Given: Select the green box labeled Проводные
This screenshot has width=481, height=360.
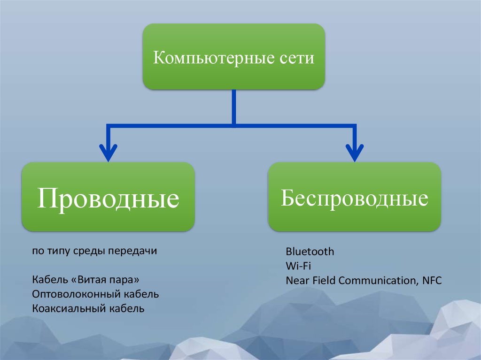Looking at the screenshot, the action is click(109, 197).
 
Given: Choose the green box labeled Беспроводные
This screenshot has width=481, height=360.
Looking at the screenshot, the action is click(355, 197).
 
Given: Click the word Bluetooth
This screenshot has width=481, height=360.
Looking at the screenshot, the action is click(310, 252).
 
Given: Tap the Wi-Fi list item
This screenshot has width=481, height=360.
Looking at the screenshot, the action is click(298, 266).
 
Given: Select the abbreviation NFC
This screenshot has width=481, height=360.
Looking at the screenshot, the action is click(432, 280).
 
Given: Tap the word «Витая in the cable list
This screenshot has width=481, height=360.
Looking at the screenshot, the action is click(89, 280).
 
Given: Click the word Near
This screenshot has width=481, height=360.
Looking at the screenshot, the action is click(297, 280).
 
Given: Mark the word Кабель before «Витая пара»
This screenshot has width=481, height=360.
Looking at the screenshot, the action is click(50, 280).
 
